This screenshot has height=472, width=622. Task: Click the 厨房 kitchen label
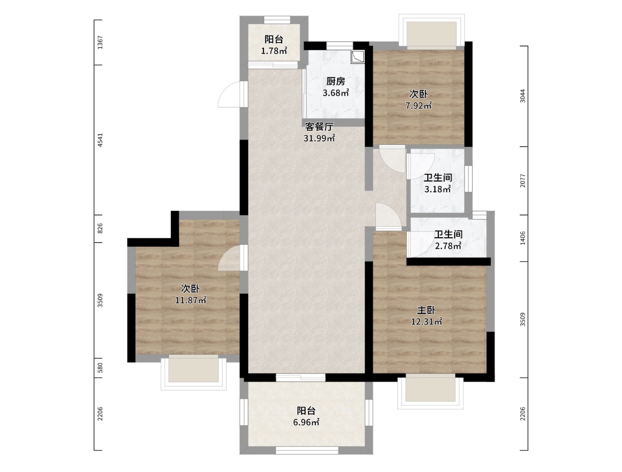pyautogui.click(x=336, y=81)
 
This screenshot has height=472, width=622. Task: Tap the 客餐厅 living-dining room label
pyautogui.click(x=319, y=126)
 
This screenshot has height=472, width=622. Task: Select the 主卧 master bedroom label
pyautogui.click(x=426, y=310)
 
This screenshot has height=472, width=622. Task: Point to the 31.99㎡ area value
pyautogui.click(x=319, y=138)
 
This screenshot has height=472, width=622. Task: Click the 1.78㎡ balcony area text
pyautogui.click(x=274, y=51)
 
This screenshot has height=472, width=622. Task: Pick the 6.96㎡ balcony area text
pyautogui.click(x=306, y=423)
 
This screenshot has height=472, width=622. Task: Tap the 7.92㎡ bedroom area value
pyautogui.click(x=419, y=106)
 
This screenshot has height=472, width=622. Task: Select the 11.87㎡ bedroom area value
pyautogui.click(x=190, y=300)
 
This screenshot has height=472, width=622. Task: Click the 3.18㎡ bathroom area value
pyautogui.click(x=437, y=189)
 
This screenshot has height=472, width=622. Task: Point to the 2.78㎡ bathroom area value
pyautogui.click(x=448, y=246)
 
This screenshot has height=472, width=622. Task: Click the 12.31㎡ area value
pyautogui.click(x=427, y=321)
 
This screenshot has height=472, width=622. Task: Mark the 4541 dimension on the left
pyautogui.click(x=100, y=140)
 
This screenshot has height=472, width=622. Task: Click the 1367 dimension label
pyautogui.click(x=100, y=43)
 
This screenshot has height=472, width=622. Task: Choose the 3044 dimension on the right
pyautogui.click(x=523, y=96)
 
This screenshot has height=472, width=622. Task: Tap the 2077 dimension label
pyautogui.click(x=523, y=181)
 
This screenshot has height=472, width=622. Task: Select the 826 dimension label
pyautogui.click(x=100, y=228)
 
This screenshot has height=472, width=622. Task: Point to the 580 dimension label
pyautogui.click(x=100, y=368)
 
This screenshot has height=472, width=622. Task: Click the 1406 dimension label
pyautogui.click(x=523, y=238)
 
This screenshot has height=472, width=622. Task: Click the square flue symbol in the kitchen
pyautogui.click(x=358, y=57)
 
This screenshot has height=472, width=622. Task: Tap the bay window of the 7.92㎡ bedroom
pyautogui.click(x=432, y=30)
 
